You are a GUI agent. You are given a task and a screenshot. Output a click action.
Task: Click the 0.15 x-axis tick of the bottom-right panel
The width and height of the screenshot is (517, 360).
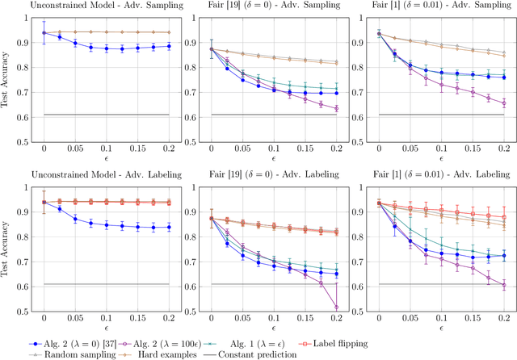(x=473, y=320)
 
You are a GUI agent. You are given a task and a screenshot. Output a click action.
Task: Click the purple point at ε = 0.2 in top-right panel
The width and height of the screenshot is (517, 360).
(x=503, y=103)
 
